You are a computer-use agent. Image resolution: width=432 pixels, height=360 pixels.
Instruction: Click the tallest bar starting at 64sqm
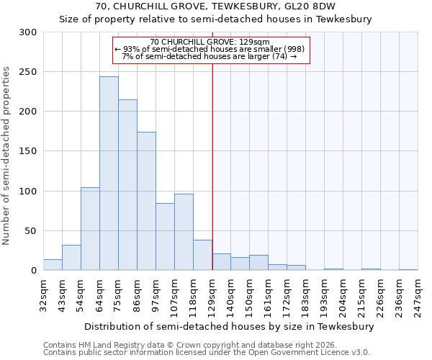tap(109, 174)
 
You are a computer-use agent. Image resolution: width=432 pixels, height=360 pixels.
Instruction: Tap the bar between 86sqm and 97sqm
tap(146, 201)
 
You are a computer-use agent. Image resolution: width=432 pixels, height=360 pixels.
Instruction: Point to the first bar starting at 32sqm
tap(53, 265)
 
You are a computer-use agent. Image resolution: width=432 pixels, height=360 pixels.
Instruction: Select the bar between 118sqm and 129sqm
tap(202, 256)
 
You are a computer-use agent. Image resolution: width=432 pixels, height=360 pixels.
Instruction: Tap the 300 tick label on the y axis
tap(28, 32)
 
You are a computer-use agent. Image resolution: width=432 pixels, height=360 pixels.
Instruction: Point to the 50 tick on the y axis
tap(31, 231)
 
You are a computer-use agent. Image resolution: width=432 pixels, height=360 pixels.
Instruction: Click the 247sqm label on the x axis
tap(418, 295)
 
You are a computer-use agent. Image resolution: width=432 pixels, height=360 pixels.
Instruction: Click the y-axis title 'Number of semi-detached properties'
tap(7, 156)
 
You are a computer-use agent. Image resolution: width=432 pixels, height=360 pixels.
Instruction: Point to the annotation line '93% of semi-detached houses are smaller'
tap(210, 49)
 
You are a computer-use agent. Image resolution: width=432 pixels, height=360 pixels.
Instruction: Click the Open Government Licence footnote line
tap(207, 353)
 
